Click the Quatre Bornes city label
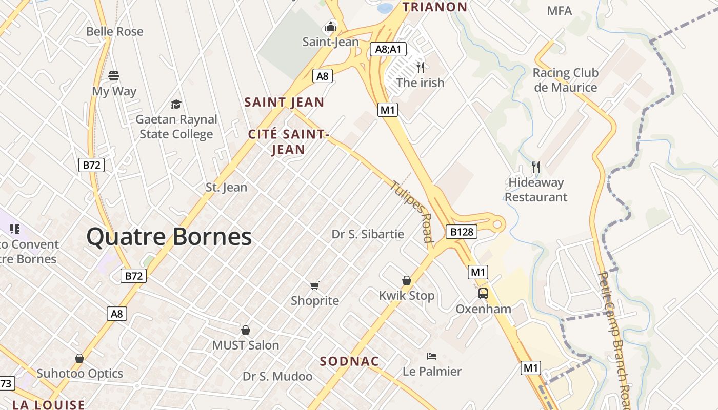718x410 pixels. tap(169, 237)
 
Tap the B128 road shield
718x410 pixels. tap(462, 232)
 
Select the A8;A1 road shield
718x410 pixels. tap(388, 49)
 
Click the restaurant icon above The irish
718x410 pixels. tap(421, 67)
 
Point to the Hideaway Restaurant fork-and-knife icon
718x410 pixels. tap(536, 167)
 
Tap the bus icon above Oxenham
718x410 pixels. tap(483, 294)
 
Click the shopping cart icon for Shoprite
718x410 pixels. tap(315, 285)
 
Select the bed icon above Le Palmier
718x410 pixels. tap(432, 356)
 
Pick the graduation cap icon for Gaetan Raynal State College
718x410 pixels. tap(176, 105)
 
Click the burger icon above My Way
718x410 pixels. tap(114, 76)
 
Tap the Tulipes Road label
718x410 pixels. tap(412, 211)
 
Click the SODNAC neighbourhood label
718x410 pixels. tap(349, 361)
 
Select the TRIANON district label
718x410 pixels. tap(435, 7)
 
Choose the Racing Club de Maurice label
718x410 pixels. tap(565, 80)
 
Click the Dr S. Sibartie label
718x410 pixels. tap(368, 234)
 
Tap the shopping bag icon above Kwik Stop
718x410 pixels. tap(407, 280)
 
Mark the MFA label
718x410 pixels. tap(559, 11)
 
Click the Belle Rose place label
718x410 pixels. tap(115, 31)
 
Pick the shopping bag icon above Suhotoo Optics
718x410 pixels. tap(79, 358)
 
